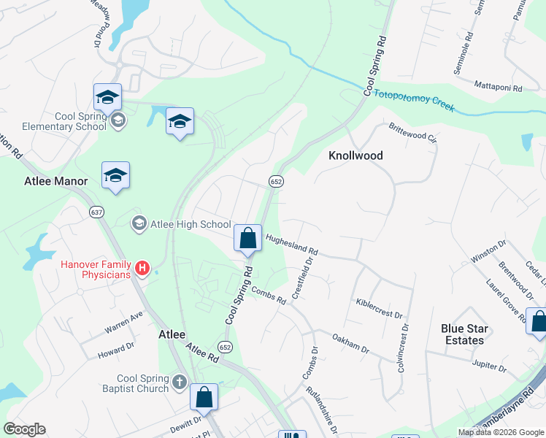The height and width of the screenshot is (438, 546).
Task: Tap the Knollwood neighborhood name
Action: click(x=355, y=155)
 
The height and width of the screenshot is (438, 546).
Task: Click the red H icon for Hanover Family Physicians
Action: click(x=143, y=269)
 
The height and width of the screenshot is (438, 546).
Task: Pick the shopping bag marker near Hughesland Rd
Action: click(x=248, y=238)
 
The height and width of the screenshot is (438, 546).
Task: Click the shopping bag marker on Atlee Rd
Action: click(x=204, y=398)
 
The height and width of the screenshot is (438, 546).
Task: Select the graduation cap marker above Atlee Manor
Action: click(x=115, y=176)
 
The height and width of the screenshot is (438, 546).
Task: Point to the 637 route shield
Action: click(x=96, y=212)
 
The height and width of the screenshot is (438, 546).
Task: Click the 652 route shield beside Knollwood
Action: click(x=276, y=180)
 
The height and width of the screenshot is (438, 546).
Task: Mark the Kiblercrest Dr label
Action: click(x=379, y=308)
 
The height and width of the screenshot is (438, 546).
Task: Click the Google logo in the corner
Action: click(x=25, y=429)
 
